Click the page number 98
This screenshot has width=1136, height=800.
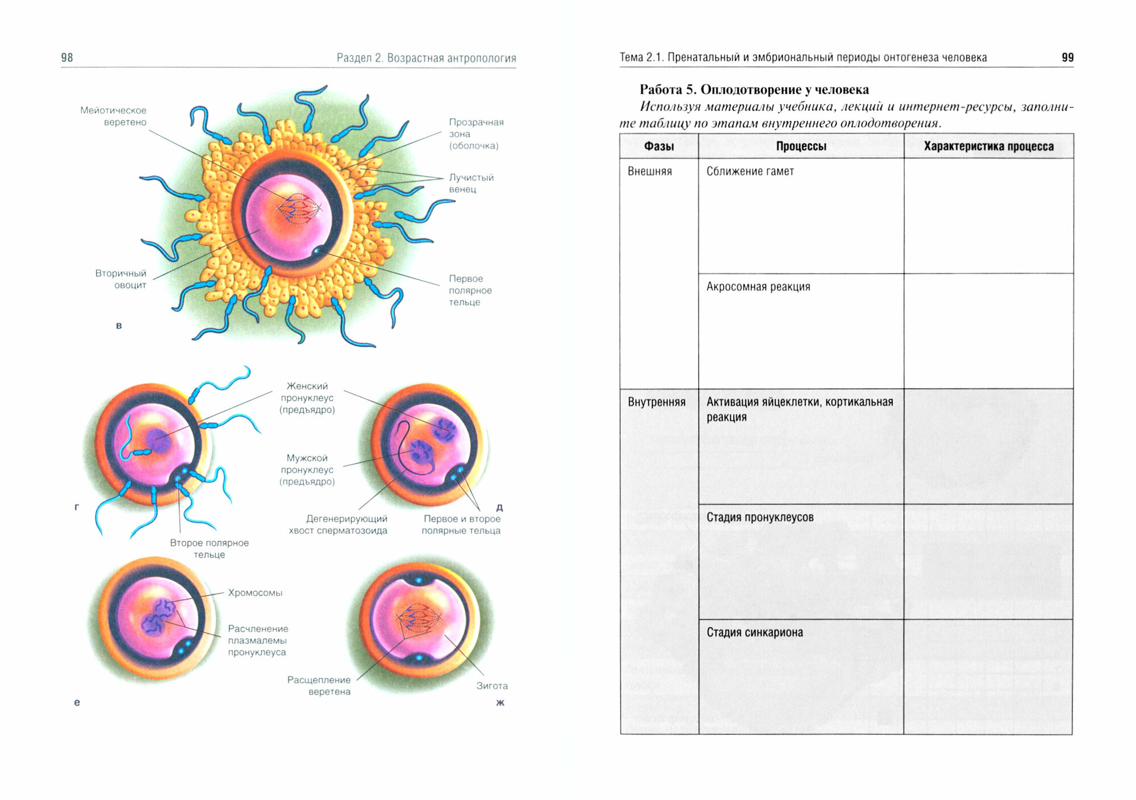tap(67, 57)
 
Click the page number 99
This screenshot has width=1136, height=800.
tap(1067, 57)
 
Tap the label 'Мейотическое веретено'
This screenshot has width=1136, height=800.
tap(114, 116)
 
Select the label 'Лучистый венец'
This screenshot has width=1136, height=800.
tap(471, 183)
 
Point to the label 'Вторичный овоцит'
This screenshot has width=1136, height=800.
tap(120, 279)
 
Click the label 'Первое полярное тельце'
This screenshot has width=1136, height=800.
tap(470, 290)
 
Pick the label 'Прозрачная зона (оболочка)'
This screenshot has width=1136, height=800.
tap(475, 134)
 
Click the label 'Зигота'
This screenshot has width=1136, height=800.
tap(492, 686)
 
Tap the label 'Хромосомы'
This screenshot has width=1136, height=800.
tap(255, 593)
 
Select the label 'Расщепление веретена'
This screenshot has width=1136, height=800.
tap(319, 686)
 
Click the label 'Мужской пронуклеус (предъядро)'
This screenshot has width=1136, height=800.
tap(307, 470)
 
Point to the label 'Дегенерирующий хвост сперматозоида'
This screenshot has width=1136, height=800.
tap(338, 524)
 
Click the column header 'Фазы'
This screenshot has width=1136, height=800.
tap(659, 146)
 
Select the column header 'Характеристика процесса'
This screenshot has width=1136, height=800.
tap(988, 146)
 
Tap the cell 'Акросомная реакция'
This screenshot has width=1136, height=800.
tap(758, 286)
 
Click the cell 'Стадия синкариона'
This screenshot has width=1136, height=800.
tap(754, 632)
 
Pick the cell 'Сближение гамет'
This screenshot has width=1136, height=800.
tap(750, 171)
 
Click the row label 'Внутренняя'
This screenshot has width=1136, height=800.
tap(657, 402)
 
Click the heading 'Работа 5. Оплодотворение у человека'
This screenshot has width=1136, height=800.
tap(754, 89)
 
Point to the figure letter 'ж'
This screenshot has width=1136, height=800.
tap(500, 703)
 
